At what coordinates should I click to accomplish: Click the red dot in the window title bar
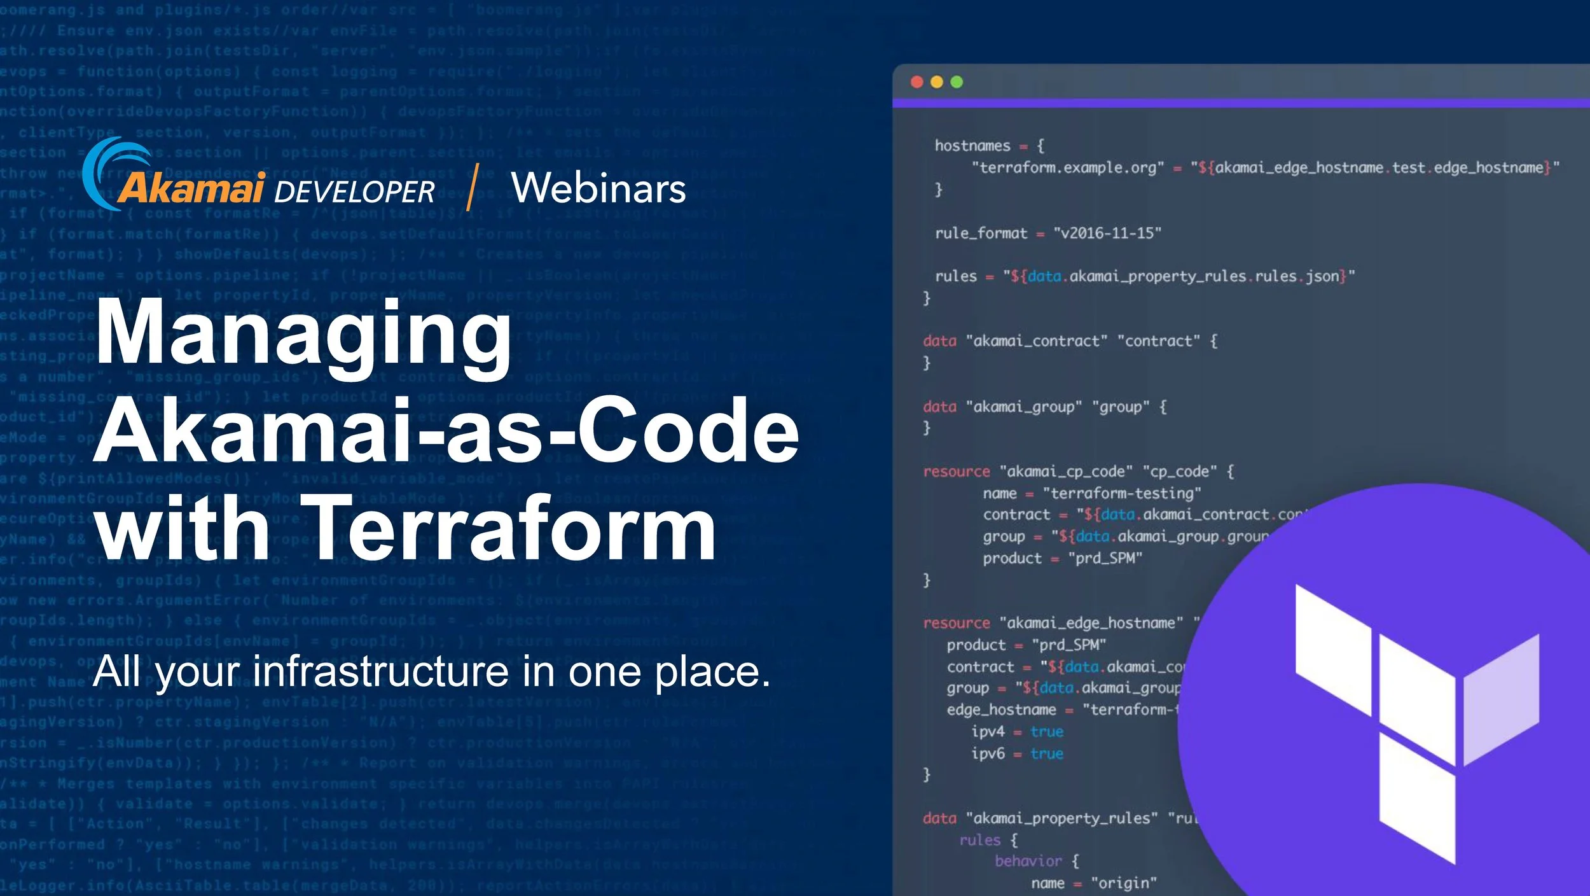click(916, 82)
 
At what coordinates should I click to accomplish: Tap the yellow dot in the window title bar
click(937, 82)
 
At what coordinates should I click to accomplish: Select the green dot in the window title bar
click(957, 82)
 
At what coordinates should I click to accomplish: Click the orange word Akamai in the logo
click(191, 188)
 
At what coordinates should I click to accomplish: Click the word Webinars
click(598, 188)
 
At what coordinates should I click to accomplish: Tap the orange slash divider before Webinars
click(471, 187)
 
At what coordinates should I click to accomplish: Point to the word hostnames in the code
click(972, 146)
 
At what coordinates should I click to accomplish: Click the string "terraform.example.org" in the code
click(1068, 167)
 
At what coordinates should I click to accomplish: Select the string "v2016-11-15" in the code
click(1107, 233)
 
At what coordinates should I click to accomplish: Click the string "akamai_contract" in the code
click(1037, 341)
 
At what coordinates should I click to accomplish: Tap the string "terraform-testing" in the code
click(1122, 493)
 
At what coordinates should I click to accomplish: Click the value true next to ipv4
click(1047, 732)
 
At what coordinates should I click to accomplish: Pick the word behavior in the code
click(1028, 861)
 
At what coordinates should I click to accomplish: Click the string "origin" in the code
click(1124, 883)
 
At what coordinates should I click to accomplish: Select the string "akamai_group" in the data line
click(1024, 407)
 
